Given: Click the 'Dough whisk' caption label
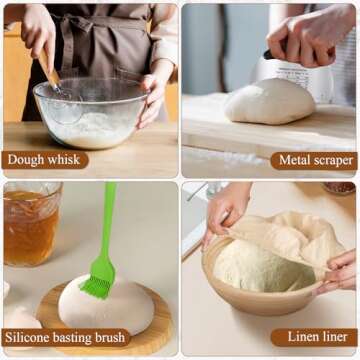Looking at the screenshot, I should pos(45,159).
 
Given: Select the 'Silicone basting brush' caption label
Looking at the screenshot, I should pos(66,338).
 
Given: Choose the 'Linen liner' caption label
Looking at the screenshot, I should pos(313,338).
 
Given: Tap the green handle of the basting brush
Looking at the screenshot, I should pos(106,220).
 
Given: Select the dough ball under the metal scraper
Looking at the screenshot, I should pos(270,102).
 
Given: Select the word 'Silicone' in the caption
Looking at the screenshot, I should pos(32,338).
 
